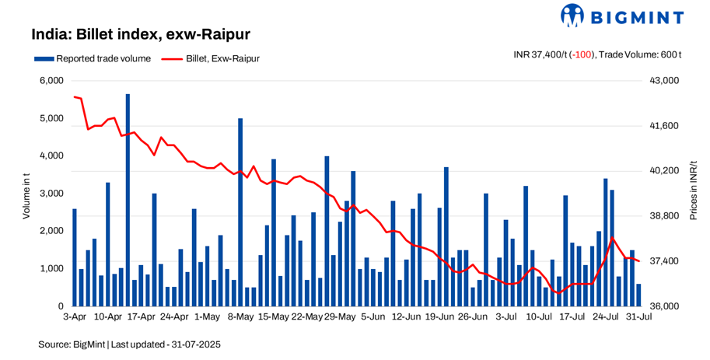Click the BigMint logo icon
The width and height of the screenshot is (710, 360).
click(574, 16)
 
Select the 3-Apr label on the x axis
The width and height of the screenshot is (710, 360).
click(75, 317)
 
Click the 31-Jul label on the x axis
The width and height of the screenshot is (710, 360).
click(638, 317)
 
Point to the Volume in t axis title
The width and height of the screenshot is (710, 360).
click(26, 194)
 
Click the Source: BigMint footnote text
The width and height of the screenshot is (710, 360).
click(131, 343)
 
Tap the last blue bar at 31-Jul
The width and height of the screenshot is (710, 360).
click(639, 295)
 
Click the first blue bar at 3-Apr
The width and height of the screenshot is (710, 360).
click(75, 257)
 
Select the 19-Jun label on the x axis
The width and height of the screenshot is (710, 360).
click(441, 317)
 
